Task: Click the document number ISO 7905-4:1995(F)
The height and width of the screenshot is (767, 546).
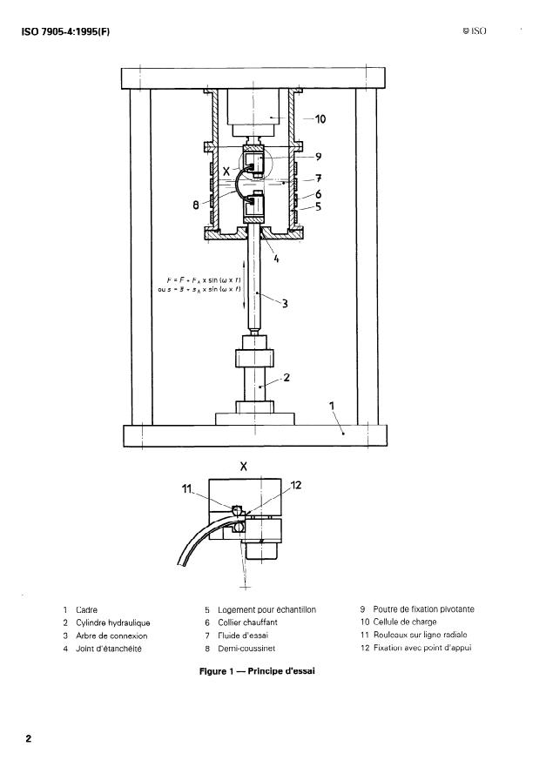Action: tap(67, 32)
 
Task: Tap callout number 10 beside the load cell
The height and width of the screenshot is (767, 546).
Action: tap(320, 118)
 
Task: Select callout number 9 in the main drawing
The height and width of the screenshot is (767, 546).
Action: tap(320, 158)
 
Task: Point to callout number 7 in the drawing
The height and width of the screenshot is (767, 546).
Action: tap(320, 178)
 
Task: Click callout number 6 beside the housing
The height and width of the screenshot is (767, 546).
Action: tap(320, 194)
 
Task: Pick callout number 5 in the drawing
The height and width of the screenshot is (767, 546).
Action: tap(320, 207)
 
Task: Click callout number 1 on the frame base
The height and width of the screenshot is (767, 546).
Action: tap(331, 405)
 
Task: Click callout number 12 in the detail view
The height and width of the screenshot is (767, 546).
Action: tap(294, 484)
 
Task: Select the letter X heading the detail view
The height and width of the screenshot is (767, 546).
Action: tap(243, 466)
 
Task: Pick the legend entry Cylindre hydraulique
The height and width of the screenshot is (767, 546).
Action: tap(113, 622)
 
